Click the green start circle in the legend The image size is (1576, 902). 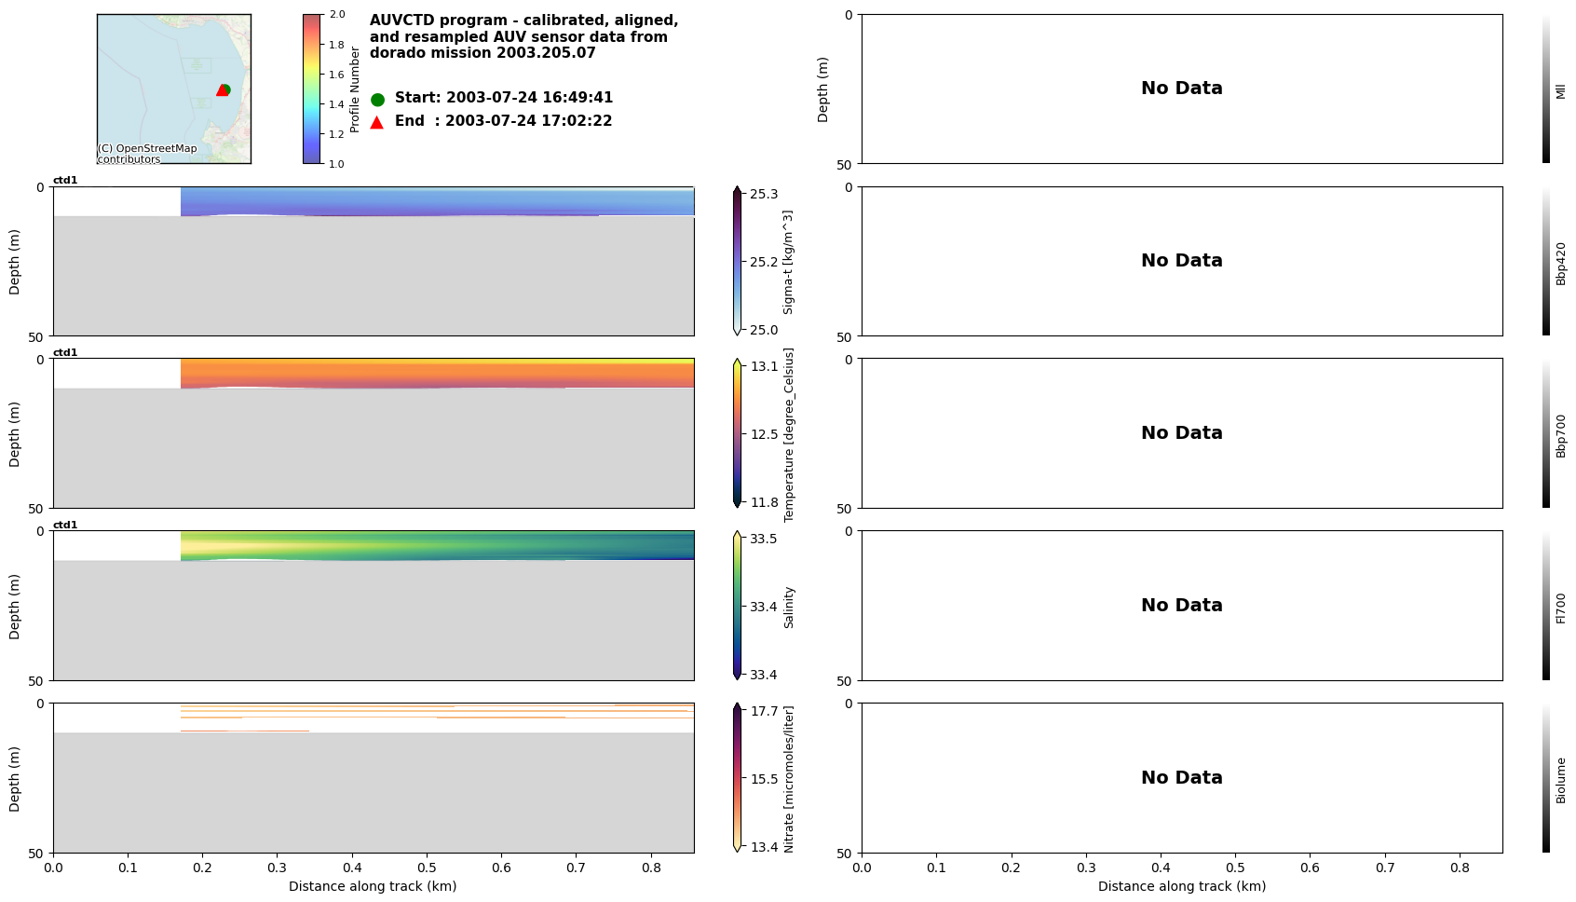coord(377,99)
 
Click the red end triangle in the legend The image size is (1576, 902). coord(377,122)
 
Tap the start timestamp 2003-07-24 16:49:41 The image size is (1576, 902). coord(529,98)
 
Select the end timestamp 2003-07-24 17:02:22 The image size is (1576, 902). coord(528,121)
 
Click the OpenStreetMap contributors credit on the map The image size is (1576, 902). coord(147,154)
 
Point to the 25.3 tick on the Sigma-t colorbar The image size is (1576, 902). coord(764,194)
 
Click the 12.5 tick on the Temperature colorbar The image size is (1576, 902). coord(764,434)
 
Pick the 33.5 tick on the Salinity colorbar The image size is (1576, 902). coord(764,539)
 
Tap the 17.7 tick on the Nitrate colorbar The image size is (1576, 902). coord(764,711)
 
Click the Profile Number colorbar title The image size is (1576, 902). coord(355,89)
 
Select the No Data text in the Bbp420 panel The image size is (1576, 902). coord(1181,261)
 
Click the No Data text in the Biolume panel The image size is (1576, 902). coord(1181,777)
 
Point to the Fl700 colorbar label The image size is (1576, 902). coord(1561,608)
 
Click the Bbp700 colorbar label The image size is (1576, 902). coord(1561,435)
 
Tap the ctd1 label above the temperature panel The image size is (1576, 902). coord(65,353)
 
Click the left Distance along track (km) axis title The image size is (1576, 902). coord(373,886)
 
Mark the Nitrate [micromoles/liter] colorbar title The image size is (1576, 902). coord(789,778)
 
